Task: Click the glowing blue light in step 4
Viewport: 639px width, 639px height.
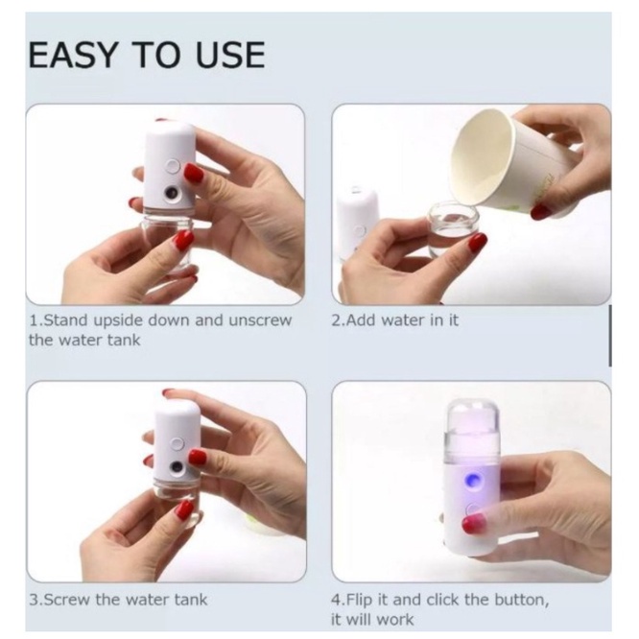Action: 473,481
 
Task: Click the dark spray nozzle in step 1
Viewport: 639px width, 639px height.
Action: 172,192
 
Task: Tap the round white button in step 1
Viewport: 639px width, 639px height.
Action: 174,166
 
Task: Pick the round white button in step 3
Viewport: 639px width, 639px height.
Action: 177,443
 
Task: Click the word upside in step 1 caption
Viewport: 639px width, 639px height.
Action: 118,321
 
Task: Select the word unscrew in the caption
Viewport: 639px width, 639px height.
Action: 260,320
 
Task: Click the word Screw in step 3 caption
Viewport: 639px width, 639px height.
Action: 66,600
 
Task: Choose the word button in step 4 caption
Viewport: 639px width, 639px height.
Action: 521,600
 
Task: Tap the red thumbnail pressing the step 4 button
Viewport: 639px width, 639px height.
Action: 475,523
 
